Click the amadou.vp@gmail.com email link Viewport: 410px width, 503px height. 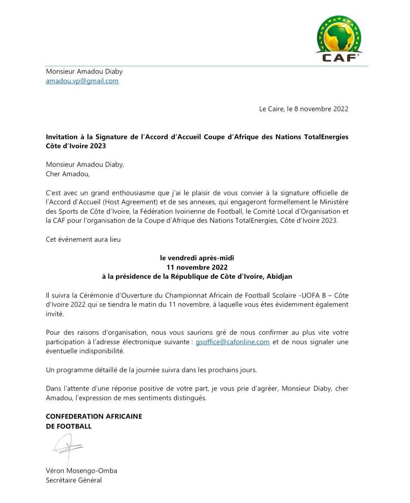click(x=82, y=81)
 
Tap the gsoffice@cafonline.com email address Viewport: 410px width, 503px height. click(x=233, y=342)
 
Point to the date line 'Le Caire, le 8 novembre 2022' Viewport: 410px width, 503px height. click(x=303, y=109)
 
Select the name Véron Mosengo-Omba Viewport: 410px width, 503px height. click(x=81, y=471)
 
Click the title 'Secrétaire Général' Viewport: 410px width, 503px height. click(x=74, y=480)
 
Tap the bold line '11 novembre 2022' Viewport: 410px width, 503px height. click(x=197, y=267)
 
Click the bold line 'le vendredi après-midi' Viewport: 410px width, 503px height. click(x=197, y=258)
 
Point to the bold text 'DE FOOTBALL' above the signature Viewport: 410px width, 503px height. click(x=68, y=426)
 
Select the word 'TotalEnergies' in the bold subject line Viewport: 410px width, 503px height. click(x=327, y=137)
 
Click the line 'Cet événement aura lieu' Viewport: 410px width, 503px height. click(x=83, y=240)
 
